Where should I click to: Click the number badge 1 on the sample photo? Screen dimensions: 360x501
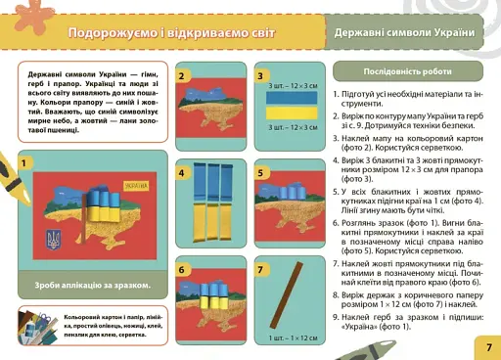click(23, 161)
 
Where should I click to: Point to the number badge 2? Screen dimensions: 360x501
click(183, 76)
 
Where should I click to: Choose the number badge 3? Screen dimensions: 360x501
click(260, 76)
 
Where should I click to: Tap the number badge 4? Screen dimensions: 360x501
click(183, 173)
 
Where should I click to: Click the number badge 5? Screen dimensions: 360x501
click(260, 173)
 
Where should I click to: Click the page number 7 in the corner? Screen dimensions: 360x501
click(487, 346)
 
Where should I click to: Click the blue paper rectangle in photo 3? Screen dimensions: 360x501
click(293, 100)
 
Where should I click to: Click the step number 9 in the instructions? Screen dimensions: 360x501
click(337, 319)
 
